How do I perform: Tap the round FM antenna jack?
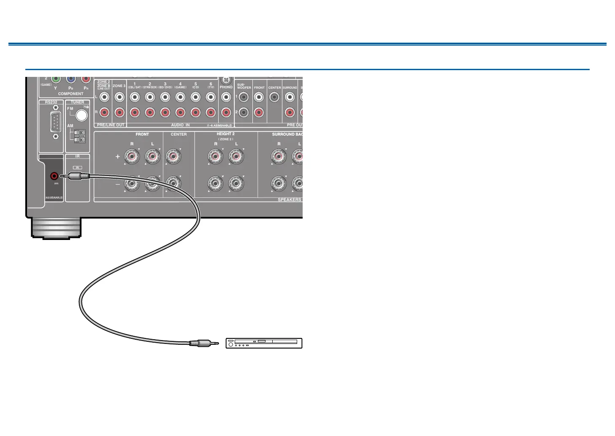pyautogui.click(x=81, y=115)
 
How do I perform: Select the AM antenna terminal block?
pyautogui.click(x=79, y=136)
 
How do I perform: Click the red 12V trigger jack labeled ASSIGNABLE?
pyautogui.click(x=54, y=176)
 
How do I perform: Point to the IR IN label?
pyautogui.click(x=78, y=168)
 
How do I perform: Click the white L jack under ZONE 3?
pyautogui.click(x=119, y=97)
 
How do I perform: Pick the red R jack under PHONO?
pyautogui.click(x=226, y=112)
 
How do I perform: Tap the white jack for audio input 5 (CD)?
pyautogui.click(x=195, y=97)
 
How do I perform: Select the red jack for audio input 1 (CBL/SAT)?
pyautogui.click(x=135, y=112)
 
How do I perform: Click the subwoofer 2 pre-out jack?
pyautogui.click(x=244, y=112)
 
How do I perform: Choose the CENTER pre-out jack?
pyautogui.click(x=274, y=97)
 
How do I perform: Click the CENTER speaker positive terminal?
pyautogui.click(x=173, y=157)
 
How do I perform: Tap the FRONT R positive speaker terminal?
pyautogui.click(x=132, y=157)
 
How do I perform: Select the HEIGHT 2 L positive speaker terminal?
pyautogui.click(x=236, y=157)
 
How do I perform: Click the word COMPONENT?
pyautogui.click(x=70, y=94)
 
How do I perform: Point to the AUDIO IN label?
pyautogui.click(x=180, y=125)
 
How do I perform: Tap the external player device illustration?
pyautogui.click(x=264, y=343)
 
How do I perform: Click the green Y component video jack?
pyautogui.click(x=55, y=79)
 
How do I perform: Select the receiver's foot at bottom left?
pyautogui.click(x=56, y=229)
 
